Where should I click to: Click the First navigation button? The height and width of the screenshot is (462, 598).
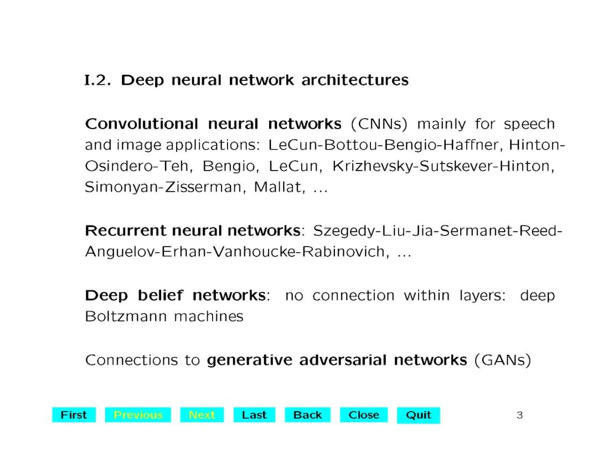tap(74, 415)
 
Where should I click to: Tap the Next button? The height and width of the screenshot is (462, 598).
tap(202, 415)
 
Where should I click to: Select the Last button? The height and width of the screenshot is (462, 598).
tap(254, 415)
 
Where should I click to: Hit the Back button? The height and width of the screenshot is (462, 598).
tap(307, 415)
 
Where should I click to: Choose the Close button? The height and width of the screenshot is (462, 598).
tap(364, 415)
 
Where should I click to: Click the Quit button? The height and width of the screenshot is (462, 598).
tap(419, 415)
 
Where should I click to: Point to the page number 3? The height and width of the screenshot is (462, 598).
tap(519, 415)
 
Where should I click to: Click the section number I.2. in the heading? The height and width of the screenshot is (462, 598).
tap(99, 80)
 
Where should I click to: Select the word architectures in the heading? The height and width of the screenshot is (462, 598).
tap(355, 80)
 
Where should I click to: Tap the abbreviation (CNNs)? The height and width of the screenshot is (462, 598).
tap(379, 124)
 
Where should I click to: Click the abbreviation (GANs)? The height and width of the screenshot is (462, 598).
tap(503, 361)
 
